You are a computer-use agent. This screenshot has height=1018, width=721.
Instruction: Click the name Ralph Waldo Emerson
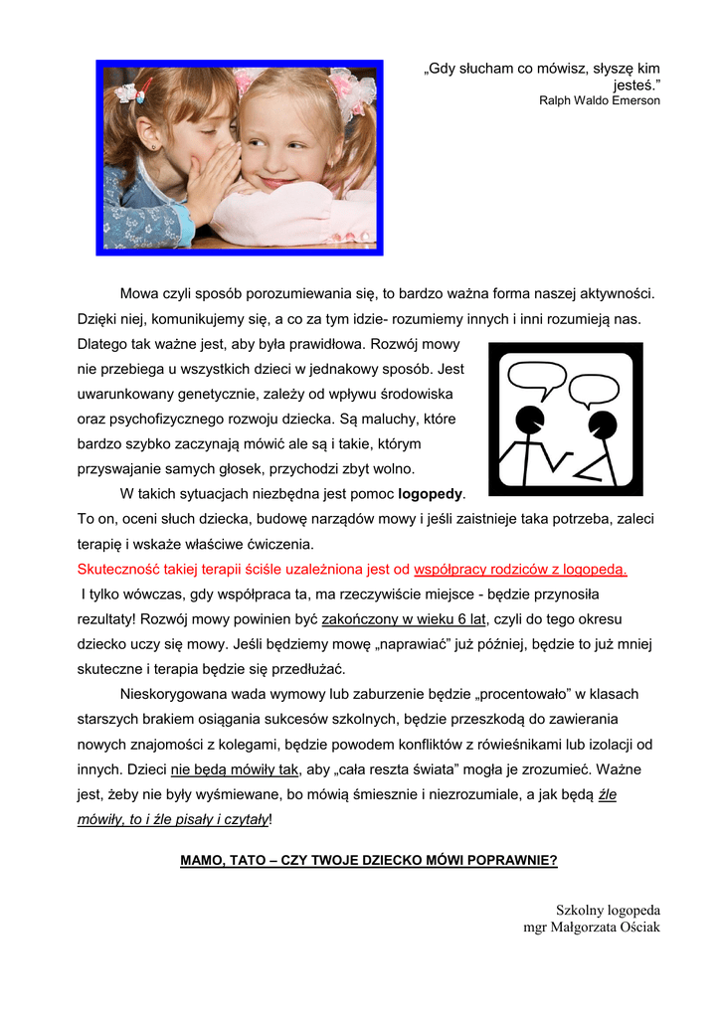(x=599, y=100)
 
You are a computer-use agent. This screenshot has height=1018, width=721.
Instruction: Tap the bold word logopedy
(x=431, y=493)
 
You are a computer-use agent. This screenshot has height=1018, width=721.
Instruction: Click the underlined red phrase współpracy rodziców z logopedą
(x=520, y=570)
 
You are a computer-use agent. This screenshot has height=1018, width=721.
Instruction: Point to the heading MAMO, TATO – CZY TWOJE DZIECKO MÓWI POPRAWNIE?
(x=368, y=860)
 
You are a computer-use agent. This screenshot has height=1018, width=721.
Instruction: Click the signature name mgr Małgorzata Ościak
(x=592, y=928)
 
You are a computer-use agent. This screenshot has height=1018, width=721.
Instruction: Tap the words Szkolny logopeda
(x=608, y=910)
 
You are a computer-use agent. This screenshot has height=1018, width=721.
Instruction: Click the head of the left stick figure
(x=531, y=419)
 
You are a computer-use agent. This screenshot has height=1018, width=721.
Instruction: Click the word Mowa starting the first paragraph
(x=140, y=294)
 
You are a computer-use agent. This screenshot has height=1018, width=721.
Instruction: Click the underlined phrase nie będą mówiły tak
(x=235, y=768)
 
